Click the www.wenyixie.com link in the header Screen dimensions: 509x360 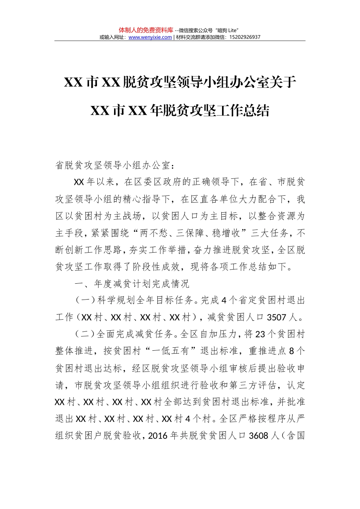[x=150, y=37]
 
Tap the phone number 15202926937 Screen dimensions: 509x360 [x=245, y=37]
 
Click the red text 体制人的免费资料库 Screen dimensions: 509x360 [x=146, y=30]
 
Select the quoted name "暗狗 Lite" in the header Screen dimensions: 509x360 [x=228, y=30]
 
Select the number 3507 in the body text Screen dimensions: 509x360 [x=276, y=317]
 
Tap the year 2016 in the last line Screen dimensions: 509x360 [x=158, y=436]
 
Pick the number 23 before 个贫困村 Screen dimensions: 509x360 [x=260, y=334]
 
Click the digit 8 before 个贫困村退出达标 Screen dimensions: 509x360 [x=292, y=351]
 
